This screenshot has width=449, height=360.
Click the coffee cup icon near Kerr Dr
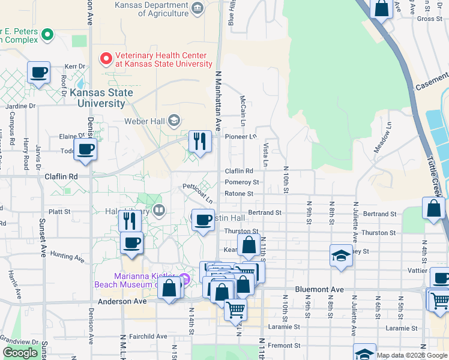[40, 73]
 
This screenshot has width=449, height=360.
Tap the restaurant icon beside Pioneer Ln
[200, 142]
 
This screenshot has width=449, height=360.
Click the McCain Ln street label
[243, 107]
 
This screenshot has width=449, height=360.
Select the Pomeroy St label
[242, 182]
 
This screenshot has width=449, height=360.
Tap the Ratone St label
[239, 194]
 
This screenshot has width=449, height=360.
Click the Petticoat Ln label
[197, 194]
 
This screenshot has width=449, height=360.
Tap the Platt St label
[59, 212]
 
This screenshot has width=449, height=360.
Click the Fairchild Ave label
[146, 337]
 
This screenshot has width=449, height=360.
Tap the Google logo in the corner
[20, 353]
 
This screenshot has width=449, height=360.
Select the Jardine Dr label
[17, 106]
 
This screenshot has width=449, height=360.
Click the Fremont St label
[285, 346]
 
